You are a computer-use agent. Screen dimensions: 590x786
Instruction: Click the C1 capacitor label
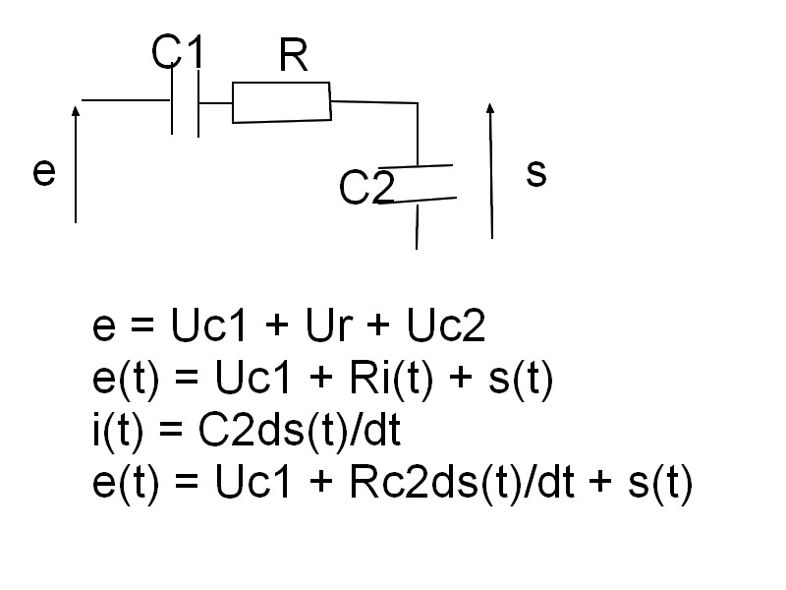click(x=178, y=53)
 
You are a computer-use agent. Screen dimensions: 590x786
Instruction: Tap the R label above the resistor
click(x=293, y=58)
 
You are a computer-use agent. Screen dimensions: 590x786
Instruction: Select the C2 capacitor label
click(x=366, y=188)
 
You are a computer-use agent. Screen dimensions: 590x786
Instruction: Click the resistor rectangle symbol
click(x=281, y=102)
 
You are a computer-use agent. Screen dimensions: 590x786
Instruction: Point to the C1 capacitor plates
click(x=186, y=101)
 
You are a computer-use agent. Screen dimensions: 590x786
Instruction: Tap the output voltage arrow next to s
click(x=489, y=167)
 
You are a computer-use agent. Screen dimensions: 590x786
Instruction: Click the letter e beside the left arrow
click(x=43, y=172)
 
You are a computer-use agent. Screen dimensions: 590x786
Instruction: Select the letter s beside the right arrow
click(x=535, y=173)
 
